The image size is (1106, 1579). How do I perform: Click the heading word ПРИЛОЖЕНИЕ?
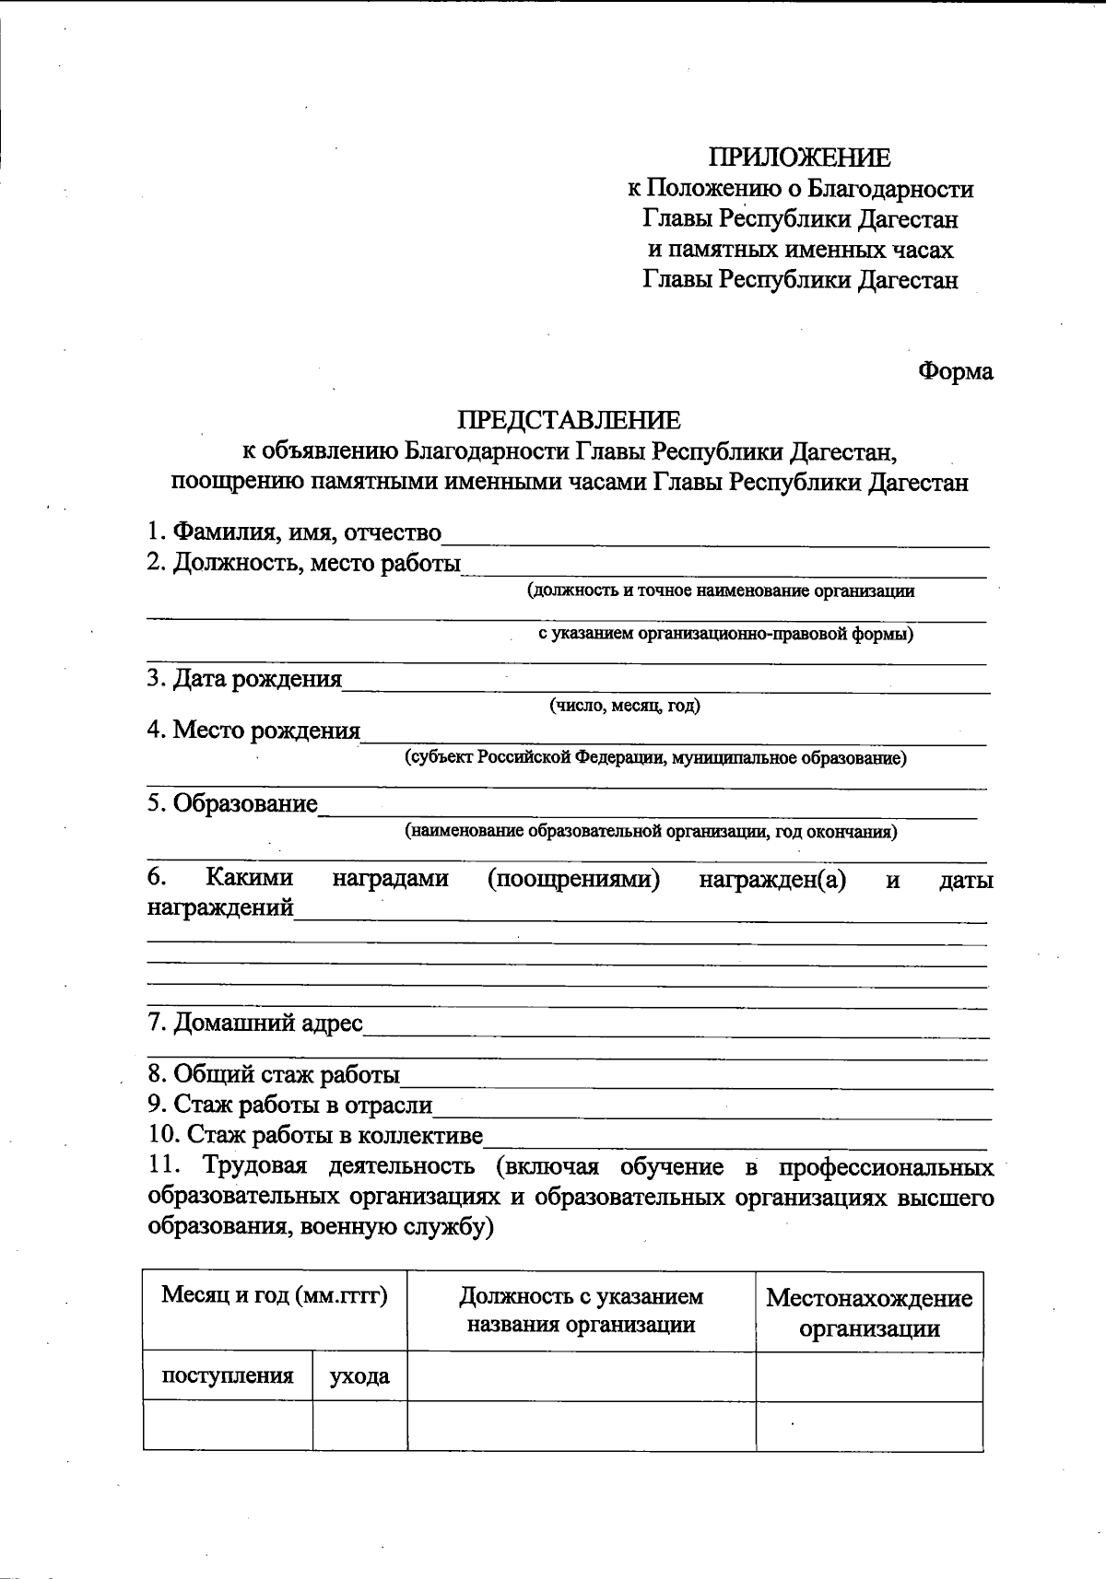(799, 158)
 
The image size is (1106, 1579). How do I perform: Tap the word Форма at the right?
(956, 372)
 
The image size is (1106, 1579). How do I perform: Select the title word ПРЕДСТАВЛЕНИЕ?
(569, 421)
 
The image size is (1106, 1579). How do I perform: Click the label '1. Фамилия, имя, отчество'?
(294, 532)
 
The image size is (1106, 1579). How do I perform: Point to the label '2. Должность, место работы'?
(303, 563)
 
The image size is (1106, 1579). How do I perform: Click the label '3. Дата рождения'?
(244, 680)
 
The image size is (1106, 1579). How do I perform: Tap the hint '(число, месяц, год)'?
(625, 707)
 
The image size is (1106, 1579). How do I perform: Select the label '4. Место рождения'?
(253, 731)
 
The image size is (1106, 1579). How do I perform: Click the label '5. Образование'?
(232, 804)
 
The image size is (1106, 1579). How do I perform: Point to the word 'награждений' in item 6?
(220, 908)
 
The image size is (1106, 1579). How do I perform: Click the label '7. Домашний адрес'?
(254, 1023)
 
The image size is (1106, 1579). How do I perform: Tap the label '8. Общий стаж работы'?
(274, 1075)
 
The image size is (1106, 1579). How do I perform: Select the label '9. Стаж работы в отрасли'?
(289, 1105)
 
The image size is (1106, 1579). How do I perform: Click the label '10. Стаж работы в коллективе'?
(315, 1135)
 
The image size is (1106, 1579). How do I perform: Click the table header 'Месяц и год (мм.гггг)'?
(275, 1296)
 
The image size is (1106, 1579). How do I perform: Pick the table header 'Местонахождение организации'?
(869, 1313)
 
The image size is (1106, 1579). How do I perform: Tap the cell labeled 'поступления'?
(228, 1376)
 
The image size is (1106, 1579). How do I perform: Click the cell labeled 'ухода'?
(359, 1377)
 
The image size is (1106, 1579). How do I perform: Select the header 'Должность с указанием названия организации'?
(581, 1311)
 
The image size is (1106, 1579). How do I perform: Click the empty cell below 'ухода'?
(359, 1426)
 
